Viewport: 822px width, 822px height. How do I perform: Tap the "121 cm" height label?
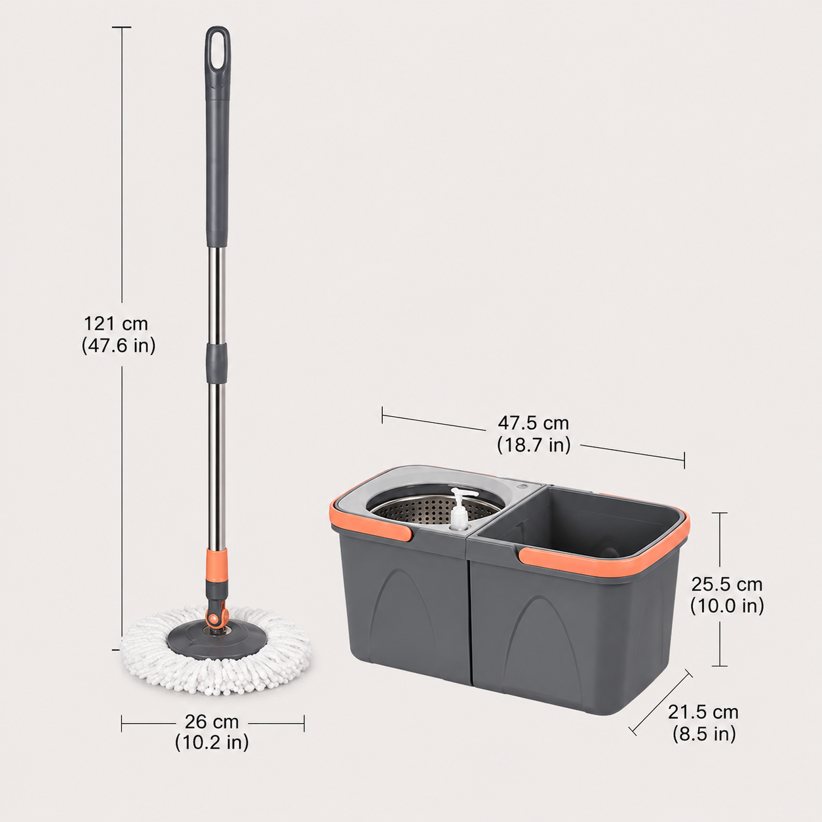tap(115, 324)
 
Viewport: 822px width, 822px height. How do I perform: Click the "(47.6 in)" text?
tap(119, 345)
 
